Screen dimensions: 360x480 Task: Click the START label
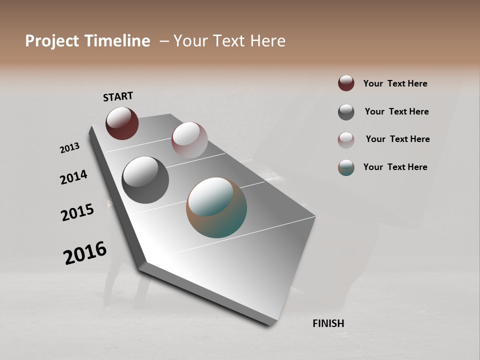pyautogui.click(x=118, y=96)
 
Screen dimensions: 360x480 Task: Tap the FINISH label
pyautogui.click(x=328, y=323)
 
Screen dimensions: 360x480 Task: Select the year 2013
pyautogui.click(x=69, y=148)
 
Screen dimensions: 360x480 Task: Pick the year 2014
pyautogui.click(x=73, y=177)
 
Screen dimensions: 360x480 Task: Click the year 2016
pyautogui.click(x=85, y=253)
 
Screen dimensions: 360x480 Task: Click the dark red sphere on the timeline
pyautogui.click(x=122, y=123)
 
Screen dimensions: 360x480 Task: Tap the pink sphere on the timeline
pyautogui.click(x=189, y=140)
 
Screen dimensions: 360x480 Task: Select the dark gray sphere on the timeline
pyautogui.click(x=145, y=180)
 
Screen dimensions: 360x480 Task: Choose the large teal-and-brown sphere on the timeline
pyautogui.click(x=216, y=207)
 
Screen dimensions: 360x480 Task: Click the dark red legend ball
pyautogui.click(x=346, y=83)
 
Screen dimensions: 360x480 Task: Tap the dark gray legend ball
pyautogui.click(x=346, y=112)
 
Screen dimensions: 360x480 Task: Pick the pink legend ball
pyautogui.click(x=346, y=140)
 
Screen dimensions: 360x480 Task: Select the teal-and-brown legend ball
pyautogui.click(x=346, y=167)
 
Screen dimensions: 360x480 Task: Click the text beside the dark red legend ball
pyautogui.click(x=395, y=83)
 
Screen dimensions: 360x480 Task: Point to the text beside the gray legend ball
pyautogui.click(x=396, y=111)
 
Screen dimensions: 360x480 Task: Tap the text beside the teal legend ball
pyautogui.click(x=395, y=167)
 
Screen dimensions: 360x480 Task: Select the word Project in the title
pyautogui.click(x=52, y=41)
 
